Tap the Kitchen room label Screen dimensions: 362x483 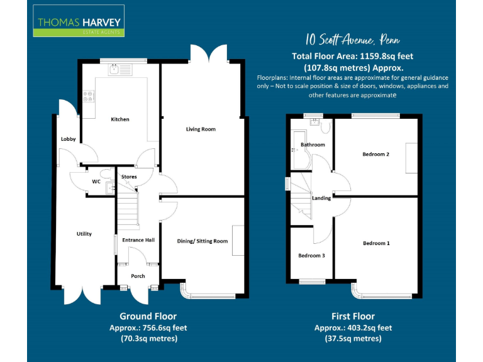point(120,119)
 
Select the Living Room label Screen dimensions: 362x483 point(201,129)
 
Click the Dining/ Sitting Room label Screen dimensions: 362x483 point(203,241)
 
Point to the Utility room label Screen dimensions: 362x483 point(84,234)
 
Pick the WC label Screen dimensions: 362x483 point(96,182)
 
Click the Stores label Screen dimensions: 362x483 point(129,177)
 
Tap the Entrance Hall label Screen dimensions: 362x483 point(138,240)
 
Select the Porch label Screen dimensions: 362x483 point(138,276)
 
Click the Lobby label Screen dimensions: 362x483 point(68,139)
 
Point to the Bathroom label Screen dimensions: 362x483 point(313,145)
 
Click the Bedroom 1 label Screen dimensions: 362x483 point(376,243)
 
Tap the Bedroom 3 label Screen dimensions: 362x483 point(312,255)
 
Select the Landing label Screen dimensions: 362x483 point(321,198)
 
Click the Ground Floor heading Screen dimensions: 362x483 point(148,316)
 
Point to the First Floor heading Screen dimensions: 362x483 point(353,316)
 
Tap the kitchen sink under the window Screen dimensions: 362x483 point(118,70)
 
